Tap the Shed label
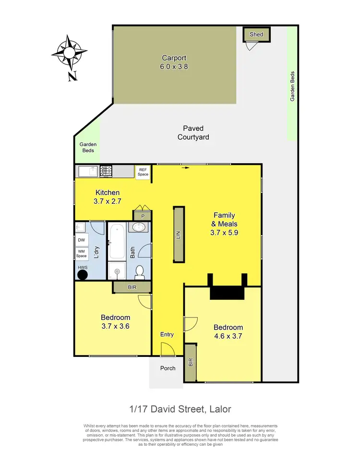(256, 35)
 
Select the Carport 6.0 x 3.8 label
(174, 62)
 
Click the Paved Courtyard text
(193, 133)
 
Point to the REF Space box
(143, 172)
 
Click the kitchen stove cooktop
(106, 171)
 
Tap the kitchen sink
(87, 171)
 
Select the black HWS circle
(83, 275)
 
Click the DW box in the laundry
(81, 240)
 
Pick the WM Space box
(81, 253)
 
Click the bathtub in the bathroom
(117, 243)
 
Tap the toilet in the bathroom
(140, 272)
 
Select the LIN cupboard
(179, 234)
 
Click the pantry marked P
(143, 216)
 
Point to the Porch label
(167, 368)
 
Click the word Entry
(167, 335)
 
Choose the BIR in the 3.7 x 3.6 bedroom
(132, 287)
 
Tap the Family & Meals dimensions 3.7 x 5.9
(225, 232)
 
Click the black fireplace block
(227, 293)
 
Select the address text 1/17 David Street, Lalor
(180, 409)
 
